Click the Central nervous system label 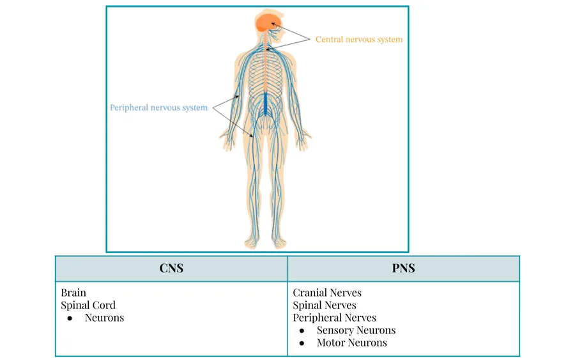pyautogui.click(x=358, y=40)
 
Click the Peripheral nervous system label pyautogui.click(x=158, y=107)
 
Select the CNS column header pyautogui.click(x=171, y=269)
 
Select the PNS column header pyautogui.click(x=403, y=269)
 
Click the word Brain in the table pyautogui.click(x=73, y=293)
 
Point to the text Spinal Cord pyautogui.click(x=88, y=305)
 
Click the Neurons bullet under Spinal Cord pyautogui.click(x=104, y=318)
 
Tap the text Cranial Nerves pyautogui.click(x=327, y=293)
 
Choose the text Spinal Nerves pyautogui.click(x=325, y=305)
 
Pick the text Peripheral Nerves pyautogui.click(x=335, y=318)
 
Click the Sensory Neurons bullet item pyautogui.click(x=356, y=331)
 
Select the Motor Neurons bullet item pyautogui.click(x=351, y=343)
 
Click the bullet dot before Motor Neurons pyautogui.click(x=302, y=343)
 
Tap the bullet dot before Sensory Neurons pyautogui.click(x=302, y=331)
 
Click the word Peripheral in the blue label pyautogui.click(x=129, y=107)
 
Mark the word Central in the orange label pyautogui.click(x=329, y=40)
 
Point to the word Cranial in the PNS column pyautogui.click(x=309, y=293)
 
